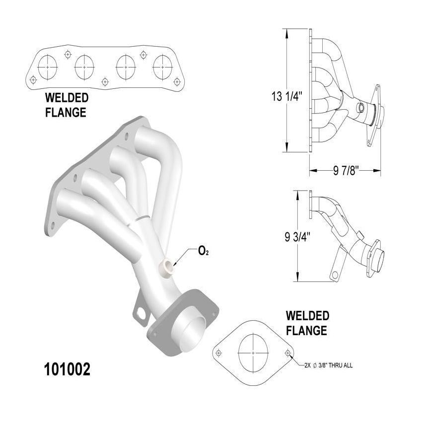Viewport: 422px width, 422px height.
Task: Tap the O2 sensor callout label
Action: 203,252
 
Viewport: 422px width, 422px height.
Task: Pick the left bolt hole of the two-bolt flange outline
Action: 219,353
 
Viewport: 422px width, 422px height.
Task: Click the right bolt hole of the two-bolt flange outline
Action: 288,352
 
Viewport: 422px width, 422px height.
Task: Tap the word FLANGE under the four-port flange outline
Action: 66,112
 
